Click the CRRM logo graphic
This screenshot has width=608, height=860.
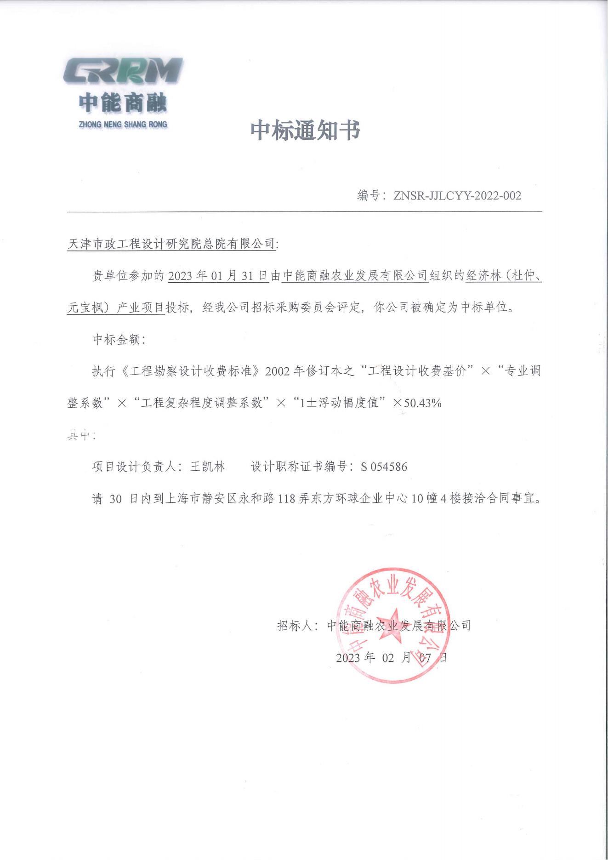coord(123,71)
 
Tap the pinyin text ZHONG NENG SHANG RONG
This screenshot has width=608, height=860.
coord(123,125)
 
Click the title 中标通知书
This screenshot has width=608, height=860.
coord(305,131)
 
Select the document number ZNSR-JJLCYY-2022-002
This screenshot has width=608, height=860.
coord(457,196)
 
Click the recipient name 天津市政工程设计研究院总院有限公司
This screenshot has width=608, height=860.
coord(171,244)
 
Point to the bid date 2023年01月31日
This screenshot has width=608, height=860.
coord(218,276)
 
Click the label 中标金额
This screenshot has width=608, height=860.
coord(117,340)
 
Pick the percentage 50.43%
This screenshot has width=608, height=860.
coord(423,404)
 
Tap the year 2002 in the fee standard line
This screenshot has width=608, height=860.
coord(278,371)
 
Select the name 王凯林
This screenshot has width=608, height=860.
coord(208,467)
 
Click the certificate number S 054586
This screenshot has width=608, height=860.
coord(384,467)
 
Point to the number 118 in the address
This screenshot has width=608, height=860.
coord(286,499)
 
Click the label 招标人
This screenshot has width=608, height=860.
coord(295,626)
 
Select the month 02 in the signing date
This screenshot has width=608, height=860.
coord(388,658)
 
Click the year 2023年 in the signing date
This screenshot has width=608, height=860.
coord(355,658)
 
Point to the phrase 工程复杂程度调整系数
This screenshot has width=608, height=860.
coord(202,403)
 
